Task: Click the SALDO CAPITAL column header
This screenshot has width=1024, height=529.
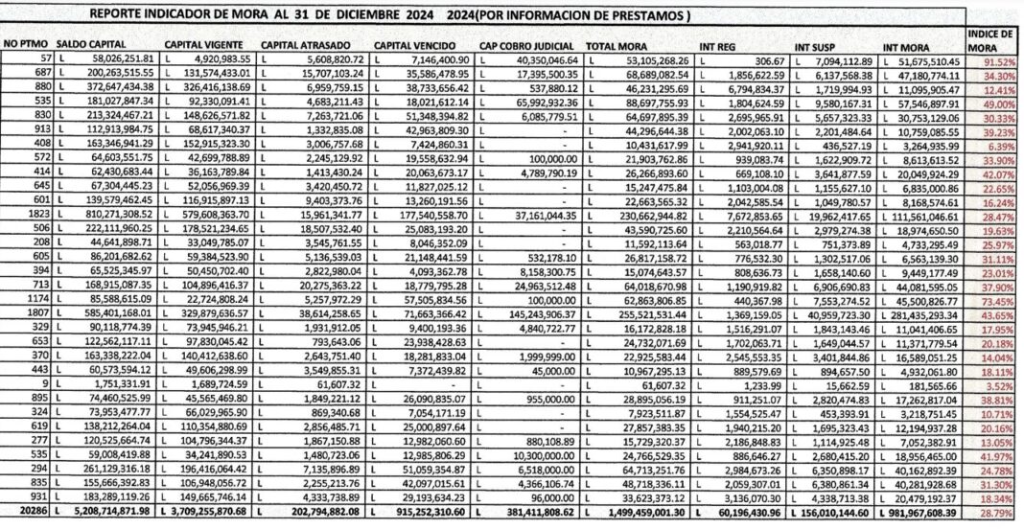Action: pos(95,45)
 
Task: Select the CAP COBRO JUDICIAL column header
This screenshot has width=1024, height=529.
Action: pos(526,45)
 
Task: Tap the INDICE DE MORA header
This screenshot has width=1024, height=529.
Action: pos(992,39)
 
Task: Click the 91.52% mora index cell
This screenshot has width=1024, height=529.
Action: pos(997,60)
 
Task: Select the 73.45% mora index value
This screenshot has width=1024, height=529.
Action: pos(997,298)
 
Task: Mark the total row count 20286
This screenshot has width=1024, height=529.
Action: pos(24,513)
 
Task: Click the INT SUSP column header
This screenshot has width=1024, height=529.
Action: pos(817,45)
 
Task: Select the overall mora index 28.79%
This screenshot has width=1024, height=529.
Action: pos(997,513)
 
